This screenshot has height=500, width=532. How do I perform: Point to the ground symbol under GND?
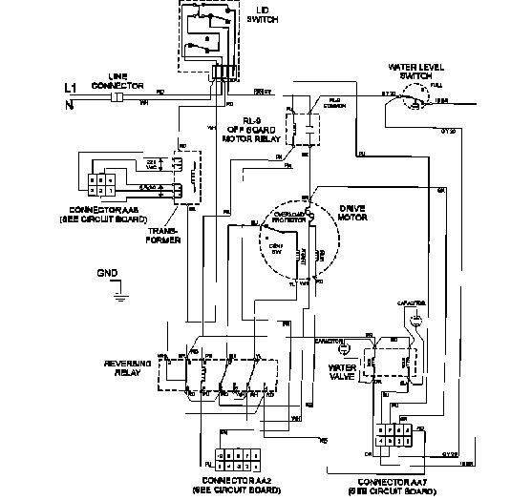[118, 294]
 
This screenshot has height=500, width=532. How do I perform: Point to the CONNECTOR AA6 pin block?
[100, 183]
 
